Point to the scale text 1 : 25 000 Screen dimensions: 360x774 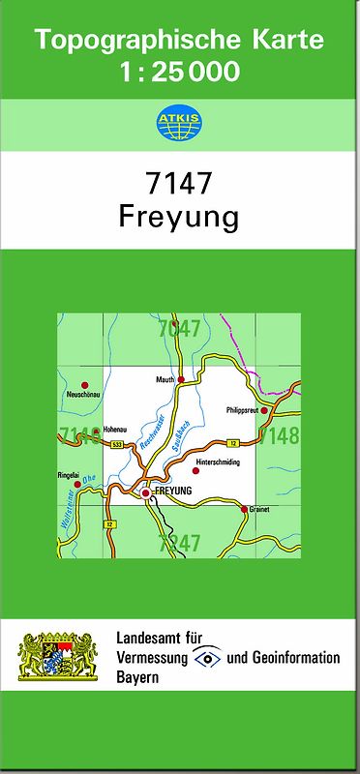click(x=180, y=72)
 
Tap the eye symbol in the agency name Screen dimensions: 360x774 click(x=207, y=658)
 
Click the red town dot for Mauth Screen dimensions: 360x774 click(x=181, y=380)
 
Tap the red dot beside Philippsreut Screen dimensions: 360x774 click(x=262, y=410)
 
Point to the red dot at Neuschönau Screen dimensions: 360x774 click(x=84, y=385)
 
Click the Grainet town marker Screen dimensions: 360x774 click(x=244, y=507)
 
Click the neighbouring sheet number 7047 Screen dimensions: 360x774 click(x=179, y=329)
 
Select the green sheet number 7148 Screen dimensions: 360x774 click(x=281, y=435)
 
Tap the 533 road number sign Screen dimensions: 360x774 click(x=116, y=444)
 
